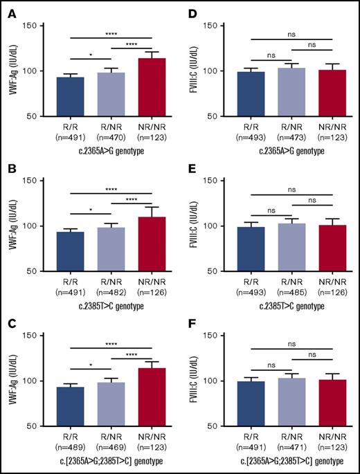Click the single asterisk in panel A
click(87, 53)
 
